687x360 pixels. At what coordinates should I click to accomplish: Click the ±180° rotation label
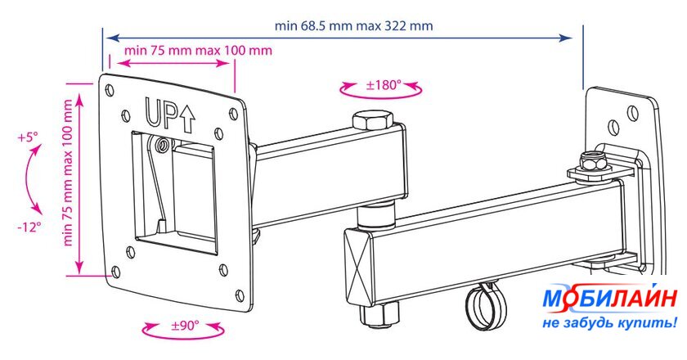point(384,84)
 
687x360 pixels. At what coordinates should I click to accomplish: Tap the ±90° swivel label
point(185,326)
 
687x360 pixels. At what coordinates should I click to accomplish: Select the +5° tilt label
point(28,137)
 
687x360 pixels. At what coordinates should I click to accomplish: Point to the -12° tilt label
point(29,227)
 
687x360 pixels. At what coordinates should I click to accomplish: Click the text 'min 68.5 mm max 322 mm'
point(353,26)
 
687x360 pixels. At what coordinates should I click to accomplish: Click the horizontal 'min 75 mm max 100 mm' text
point(198,50)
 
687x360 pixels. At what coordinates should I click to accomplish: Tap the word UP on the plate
point(161,114)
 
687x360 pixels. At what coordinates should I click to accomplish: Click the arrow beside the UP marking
point(187,119)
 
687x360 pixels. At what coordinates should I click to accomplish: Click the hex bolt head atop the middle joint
point(372,120)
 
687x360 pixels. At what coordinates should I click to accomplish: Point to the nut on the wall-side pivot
point(592,161)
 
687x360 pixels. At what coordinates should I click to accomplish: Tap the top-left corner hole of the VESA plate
point(110,90)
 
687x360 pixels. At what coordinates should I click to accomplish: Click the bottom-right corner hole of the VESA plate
point(240,295)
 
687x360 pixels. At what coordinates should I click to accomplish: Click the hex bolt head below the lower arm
point(379,315)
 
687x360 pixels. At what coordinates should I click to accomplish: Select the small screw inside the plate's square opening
point(163,145)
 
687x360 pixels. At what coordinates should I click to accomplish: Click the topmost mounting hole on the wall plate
point(632,113)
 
